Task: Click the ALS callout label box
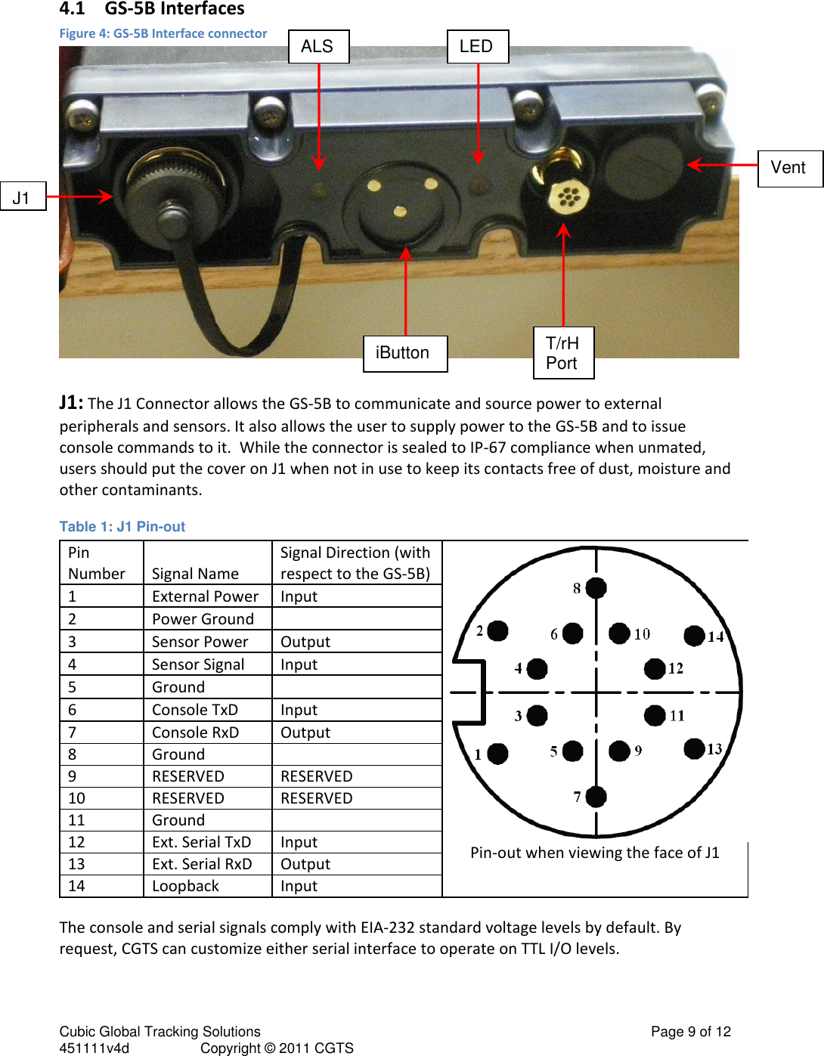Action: click(x=318, y=47)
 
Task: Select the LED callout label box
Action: click(x=477, y=47)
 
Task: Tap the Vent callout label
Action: click(x=789, y=168)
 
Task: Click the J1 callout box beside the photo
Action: click(x=23, y=197)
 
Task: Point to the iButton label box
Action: click(x=404, y=354)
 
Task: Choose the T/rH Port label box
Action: click(x=563, y=353)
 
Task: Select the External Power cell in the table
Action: click(x=206, y=596)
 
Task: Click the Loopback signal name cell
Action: click(x=186, y=886)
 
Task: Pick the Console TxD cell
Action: click(x=195, y=710)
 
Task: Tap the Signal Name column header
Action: click(x=195, y=574)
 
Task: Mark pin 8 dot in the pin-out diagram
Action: click(x=596, y=587)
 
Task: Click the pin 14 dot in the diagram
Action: click(x=694, y=636)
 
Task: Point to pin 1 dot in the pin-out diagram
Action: click(x=497, y=753)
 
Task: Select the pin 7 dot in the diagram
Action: click(x=596, y=796)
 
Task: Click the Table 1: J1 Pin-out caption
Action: click(x=122, y=527)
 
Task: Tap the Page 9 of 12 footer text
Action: click(x=690, y=1032)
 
